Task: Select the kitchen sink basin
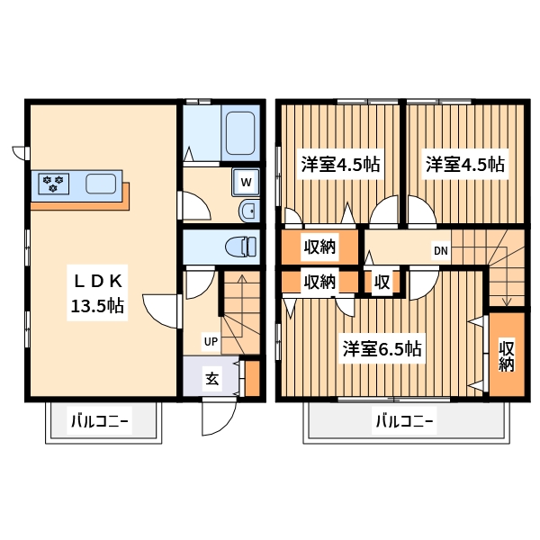[x=100, y=184]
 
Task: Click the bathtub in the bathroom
[x=241, y=133]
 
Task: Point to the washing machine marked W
[x=246, y=183]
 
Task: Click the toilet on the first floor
[x=238, y=245]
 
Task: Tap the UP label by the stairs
[x=210, y=341]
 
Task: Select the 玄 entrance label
[x=211, y=379]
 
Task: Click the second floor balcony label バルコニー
[x=403, y=420]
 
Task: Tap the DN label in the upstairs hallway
[x=441, y=250]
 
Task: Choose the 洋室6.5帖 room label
[x=382, y=349]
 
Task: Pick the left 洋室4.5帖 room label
[x=339, y=165]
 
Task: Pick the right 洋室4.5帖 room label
[x=464, y=165]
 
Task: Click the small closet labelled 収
[x=382, y=283]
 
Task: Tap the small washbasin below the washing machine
[x=247, y=212]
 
